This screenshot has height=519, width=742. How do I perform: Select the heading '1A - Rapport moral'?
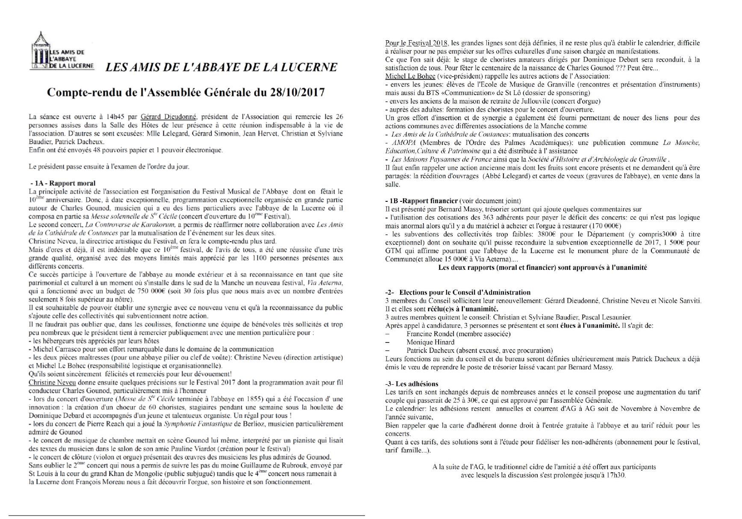(63, 183)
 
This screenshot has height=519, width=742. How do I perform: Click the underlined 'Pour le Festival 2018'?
(416, 43)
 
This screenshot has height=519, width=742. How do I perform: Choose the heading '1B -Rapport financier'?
(421, 201)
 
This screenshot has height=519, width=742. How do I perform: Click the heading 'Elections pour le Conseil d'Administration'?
(465, 292)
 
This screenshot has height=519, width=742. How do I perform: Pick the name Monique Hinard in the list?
(430, 342)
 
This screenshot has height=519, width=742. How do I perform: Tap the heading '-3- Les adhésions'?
(412, 384)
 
